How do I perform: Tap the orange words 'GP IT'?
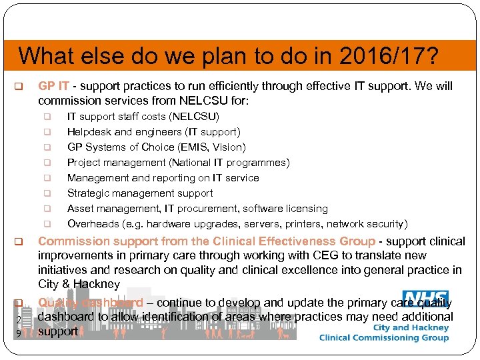coord(53,86)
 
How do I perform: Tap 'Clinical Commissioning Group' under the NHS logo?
coord(383,338)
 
